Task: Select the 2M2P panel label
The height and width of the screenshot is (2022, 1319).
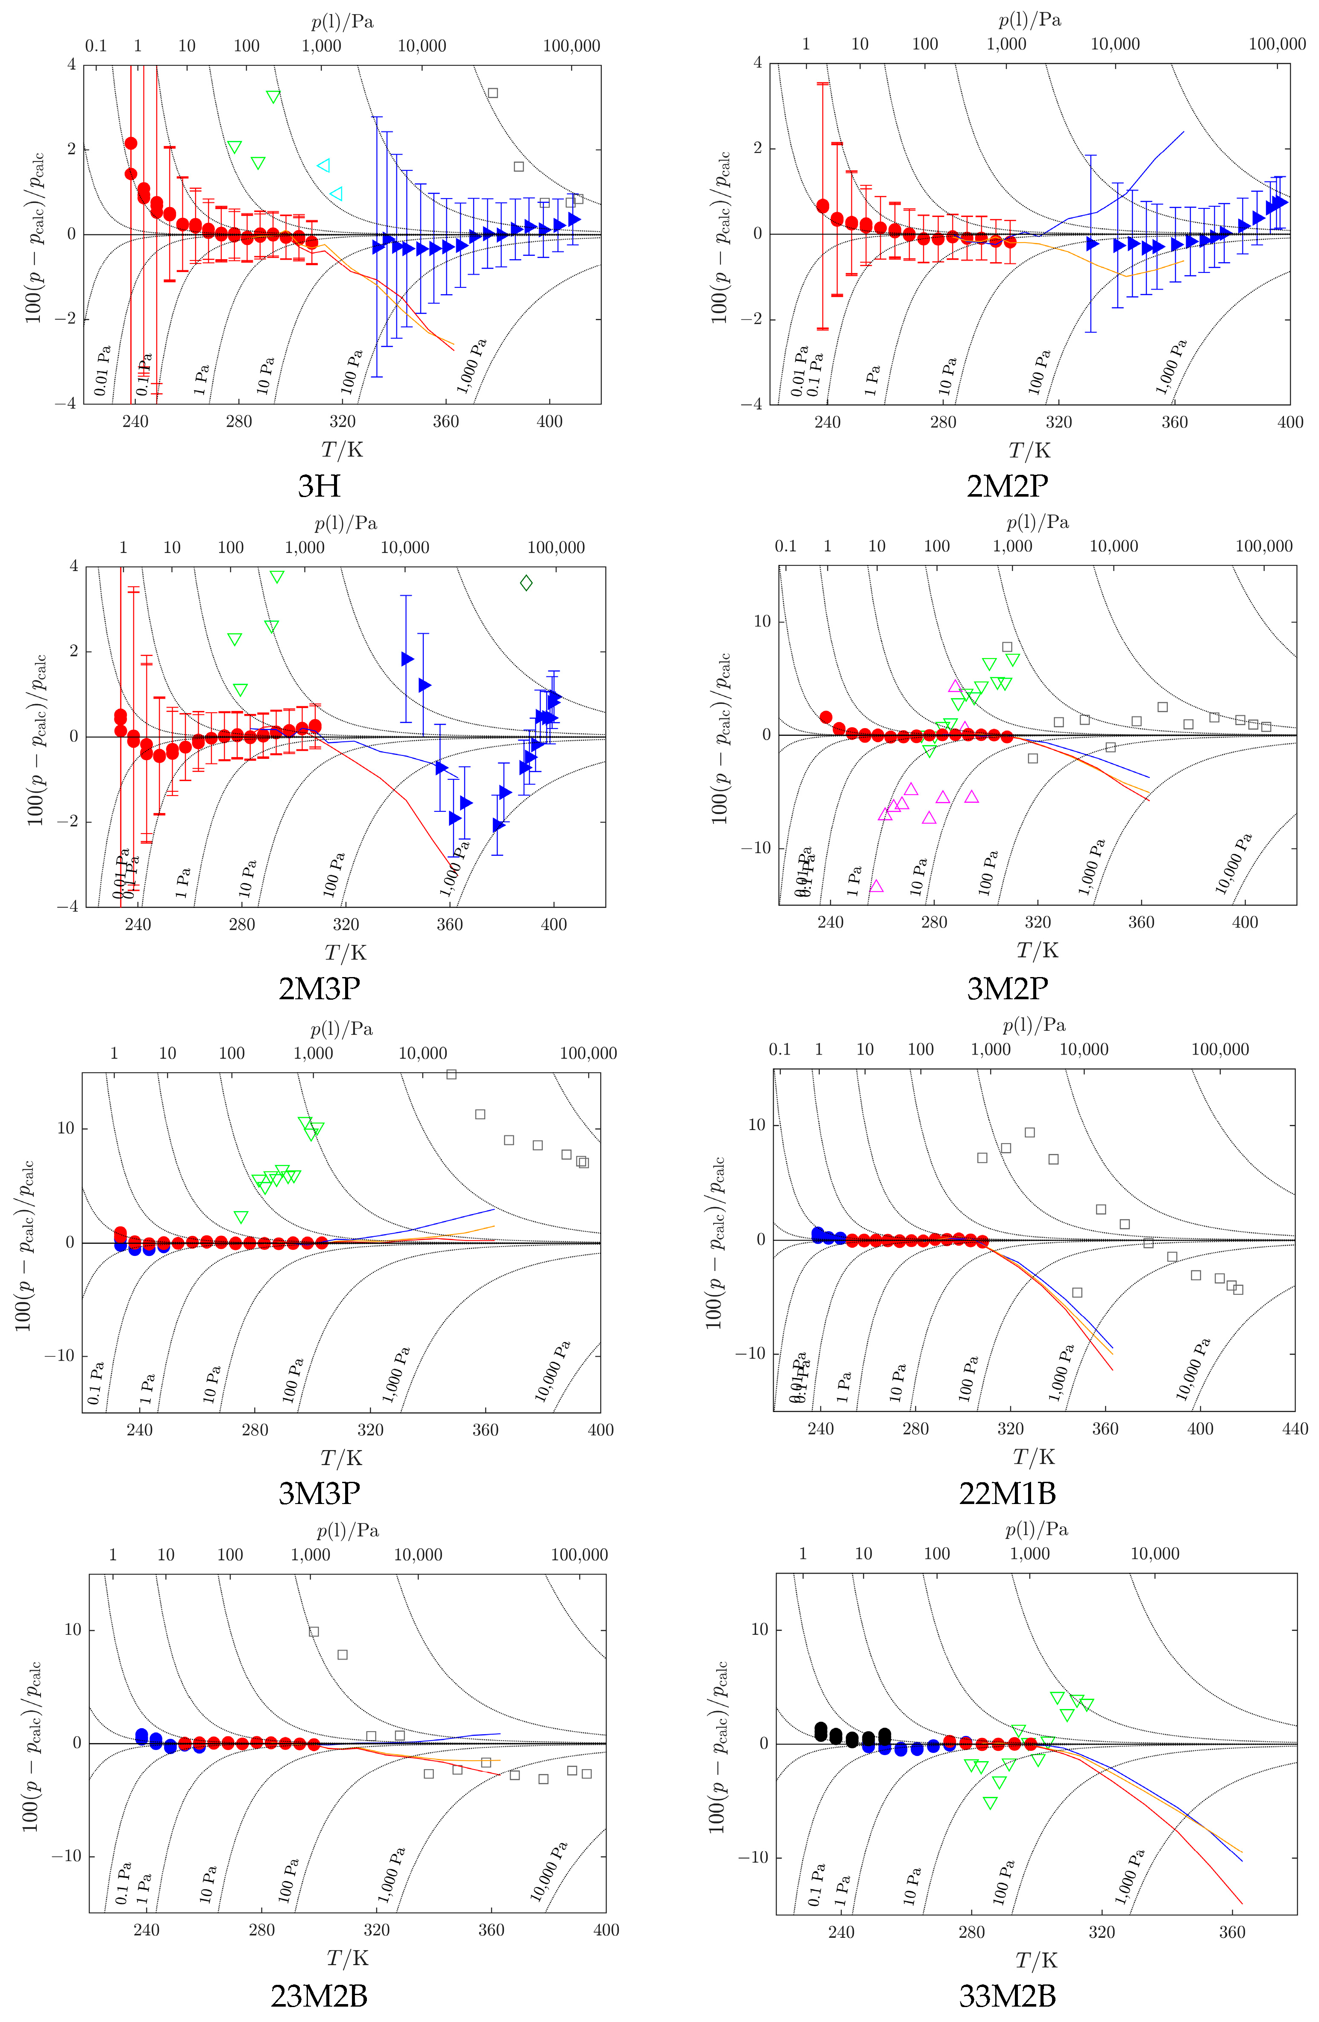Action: coord(1007,486)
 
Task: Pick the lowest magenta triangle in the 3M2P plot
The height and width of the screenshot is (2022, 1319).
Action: coord(876,886)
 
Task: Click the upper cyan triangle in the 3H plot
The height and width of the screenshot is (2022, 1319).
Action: coord(323,166)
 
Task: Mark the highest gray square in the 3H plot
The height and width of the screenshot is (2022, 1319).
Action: coord(492,93)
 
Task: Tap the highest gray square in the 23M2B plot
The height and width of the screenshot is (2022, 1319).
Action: coord(314,1631)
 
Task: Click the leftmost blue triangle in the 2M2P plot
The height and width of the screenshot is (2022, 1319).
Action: coord(1092,244)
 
